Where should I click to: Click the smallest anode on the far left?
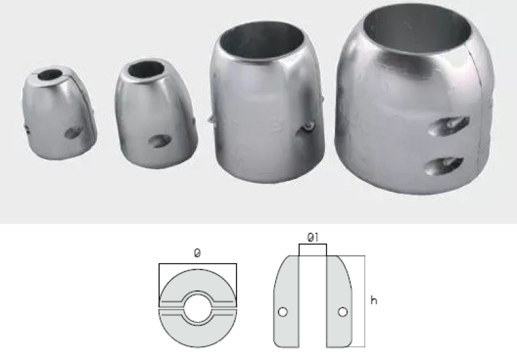coord(59,113)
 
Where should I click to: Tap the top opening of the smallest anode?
coord(50,75)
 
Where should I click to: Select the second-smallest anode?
coord(155,114)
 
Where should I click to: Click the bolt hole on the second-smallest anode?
coord(160,141)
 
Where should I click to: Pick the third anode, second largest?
coord(266,102)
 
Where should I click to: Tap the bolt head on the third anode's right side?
coord(309,125)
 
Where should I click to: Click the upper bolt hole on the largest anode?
coord(448,125)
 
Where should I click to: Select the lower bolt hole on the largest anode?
coord(444,166)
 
